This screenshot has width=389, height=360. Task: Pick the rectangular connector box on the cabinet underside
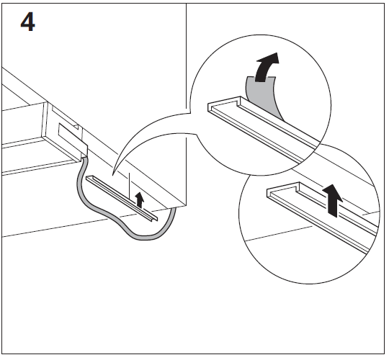(x=71, y=139)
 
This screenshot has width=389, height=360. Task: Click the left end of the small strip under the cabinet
(x=87, y=177)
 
